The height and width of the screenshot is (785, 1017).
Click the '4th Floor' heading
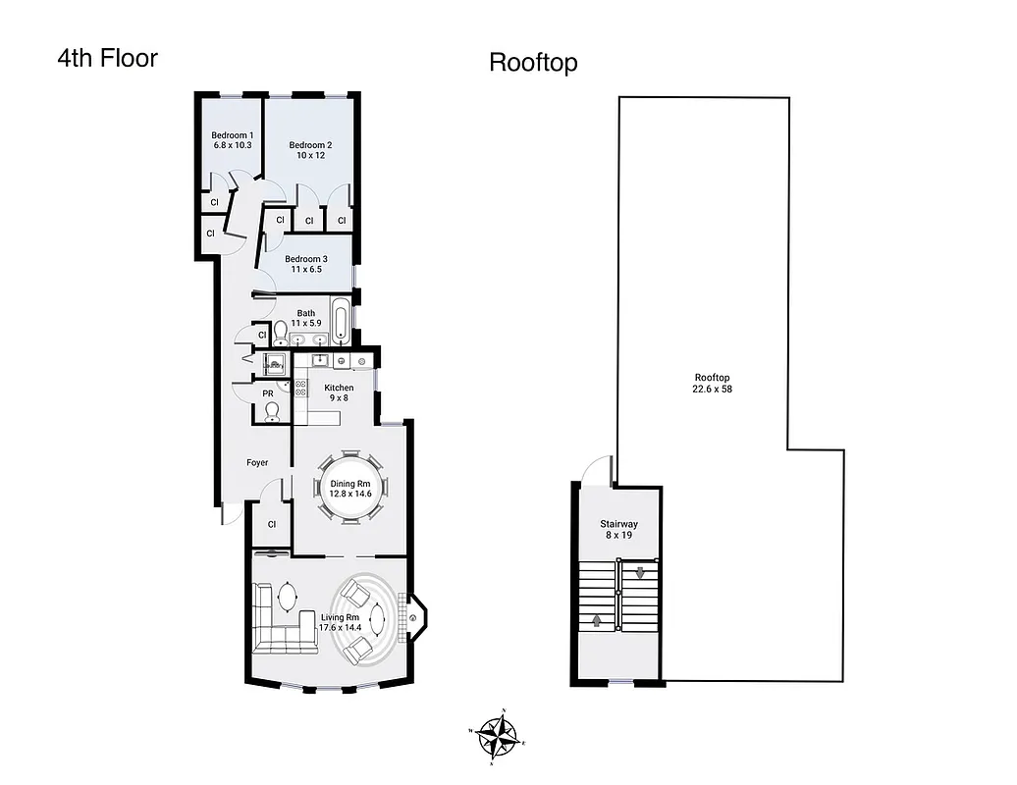(x=107, y=58)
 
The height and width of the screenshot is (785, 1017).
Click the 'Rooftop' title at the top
(x=533, y=63)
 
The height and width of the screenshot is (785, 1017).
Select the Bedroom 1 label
(x=233, y=135)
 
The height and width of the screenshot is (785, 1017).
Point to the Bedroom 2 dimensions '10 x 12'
(x=309, y=155)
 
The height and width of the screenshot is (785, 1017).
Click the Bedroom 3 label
(x=305, y=259)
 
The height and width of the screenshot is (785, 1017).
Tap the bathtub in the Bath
(x=340, y=323)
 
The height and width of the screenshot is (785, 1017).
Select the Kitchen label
(x=339, y=388)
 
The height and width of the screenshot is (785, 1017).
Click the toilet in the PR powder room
(x=273, y=411)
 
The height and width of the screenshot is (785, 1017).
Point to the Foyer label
(x=257, y=462)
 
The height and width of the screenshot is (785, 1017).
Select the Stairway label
(x=618, y=524)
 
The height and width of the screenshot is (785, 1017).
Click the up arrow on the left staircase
(x=597, y=620)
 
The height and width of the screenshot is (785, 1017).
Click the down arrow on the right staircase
(x=640, y=572)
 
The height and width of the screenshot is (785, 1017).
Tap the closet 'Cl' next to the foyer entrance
(x=272, y=524)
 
